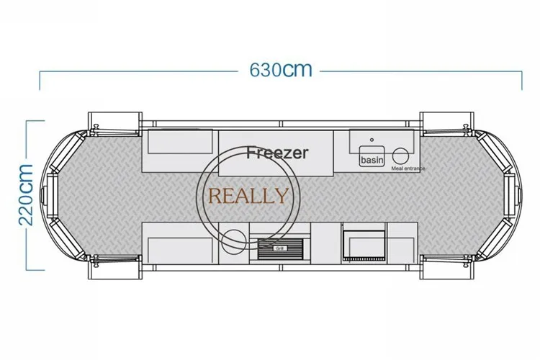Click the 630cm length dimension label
coord(281,70)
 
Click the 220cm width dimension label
coord(25,195)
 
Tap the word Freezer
coord(277,152)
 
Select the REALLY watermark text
coord(248,196)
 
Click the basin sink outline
coord(372,156)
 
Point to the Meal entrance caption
coord(408,168)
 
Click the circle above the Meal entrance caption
coord(400,156)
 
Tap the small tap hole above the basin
coord(372,140)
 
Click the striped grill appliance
coord(280,248)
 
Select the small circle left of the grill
coord(234,241)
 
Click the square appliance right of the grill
coord(364,245)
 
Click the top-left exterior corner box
coord(114,123)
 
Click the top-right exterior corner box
coord(446,123)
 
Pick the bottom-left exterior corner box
coord(114,268)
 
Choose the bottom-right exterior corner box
coord(446,268)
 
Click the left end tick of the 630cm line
coord(40,81)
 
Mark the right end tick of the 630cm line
coord(522,81)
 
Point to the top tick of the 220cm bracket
coord(35,121)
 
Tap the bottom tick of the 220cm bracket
coord(35,270)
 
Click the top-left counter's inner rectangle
coord(180,142)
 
